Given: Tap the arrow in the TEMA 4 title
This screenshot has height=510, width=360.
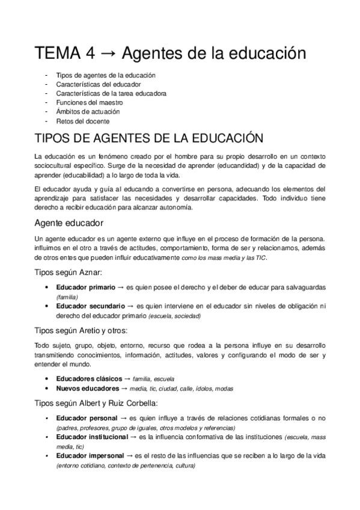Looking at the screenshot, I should (108, 54).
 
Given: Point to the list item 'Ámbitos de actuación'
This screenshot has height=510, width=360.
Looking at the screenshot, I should (88, 112).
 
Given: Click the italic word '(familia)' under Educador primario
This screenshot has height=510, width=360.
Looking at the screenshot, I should (67, 297).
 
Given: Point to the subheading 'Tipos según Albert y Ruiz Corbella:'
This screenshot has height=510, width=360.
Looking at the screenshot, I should (97, 403).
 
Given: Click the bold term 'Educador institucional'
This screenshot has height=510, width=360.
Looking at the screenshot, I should (93, 437).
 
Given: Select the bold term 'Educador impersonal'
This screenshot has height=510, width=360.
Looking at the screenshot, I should (90, 456).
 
